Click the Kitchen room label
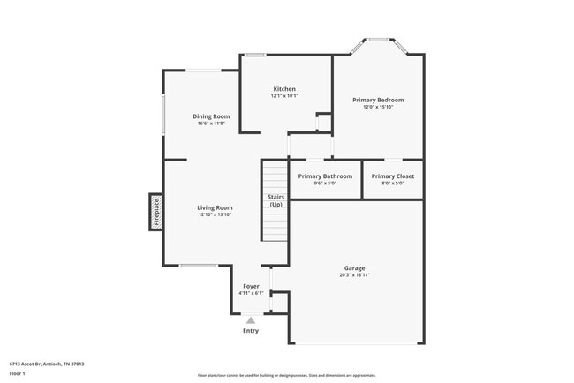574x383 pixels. pyautogui.click(x=283, y=89)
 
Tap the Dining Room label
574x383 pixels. pyautogui.click(x=211, y=116)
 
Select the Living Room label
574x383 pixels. pyautogui.click(x=214, y=208)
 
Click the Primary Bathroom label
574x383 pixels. pyautogui.click(x=325, y=176)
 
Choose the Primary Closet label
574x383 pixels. pyautogui.click(x=392, y=176)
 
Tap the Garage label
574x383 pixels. pyautogui.click(x=354, y=268)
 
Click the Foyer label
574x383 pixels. pyautogui.click(x=251, y=287)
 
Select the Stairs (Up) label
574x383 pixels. pyautogui.click(x=275, y=200)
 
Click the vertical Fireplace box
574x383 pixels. pyautogui.click(x=156, y=212)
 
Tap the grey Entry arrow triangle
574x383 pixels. pyautogui.click(x=251, y=321)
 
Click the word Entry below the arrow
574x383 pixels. pyautogui.click(x=251, y=331)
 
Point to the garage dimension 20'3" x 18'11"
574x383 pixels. pyautogui.click(x=354, y=275)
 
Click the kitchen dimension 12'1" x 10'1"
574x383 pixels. pyautogui.click(x=283, y=96)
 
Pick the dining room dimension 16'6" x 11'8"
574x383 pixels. pyautogui.click(x=211, y=124)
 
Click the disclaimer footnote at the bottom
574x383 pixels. pyautogui.click(x=287, y=374)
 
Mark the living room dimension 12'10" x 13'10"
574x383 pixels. pyautogui.click(x=214, y=215)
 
